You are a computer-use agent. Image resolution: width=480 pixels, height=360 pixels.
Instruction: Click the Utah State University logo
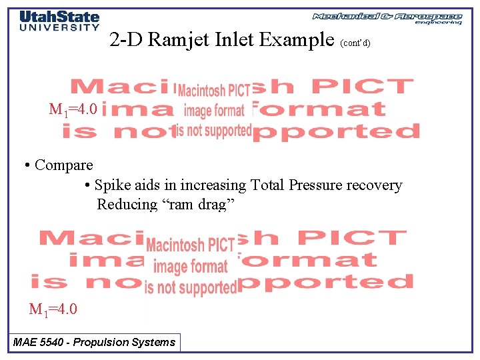[59, 21]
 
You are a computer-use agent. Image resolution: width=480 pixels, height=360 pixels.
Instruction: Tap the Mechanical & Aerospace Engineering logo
[387, 18]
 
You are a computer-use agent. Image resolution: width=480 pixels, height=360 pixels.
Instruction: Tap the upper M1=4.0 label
[73, 109]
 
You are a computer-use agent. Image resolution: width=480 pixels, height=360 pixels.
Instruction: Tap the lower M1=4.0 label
[53, 309]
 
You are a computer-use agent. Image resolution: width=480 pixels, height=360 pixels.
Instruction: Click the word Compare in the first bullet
[63, 165]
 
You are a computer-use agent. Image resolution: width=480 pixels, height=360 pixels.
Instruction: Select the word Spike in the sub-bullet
[110, 185]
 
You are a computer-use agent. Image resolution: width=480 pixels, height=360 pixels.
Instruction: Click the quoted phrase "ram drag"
[198, 204]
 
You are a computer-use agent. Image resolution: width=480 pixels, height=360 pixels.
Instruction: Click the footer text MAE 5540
[39, 343]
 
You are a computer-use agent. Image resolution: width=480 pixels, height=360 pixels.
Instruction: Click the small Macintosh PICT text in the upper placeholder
[213, 91]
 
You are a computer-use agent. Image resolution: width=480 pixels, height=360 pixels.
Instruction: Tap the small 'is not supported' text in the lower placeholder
[190, 288]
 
